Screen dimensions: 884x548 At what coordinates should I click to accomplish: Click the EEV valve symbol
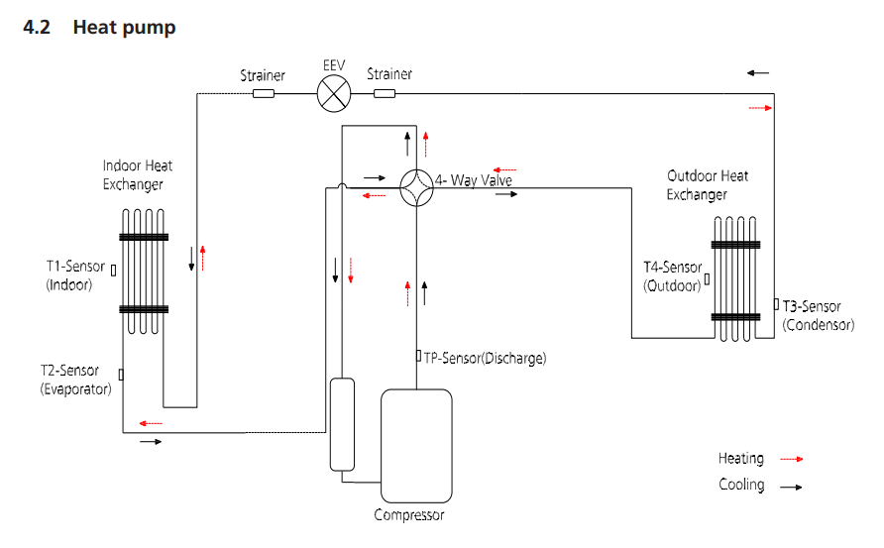coord(334,93)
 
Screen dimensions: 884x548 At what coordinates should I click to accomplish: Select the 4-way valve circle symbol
coord(416,187)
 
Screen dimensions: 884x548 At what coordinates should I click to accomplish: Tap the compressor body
coord(416,445)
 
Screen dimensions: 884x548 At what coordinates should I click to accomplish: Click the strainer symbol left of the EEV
coord(264,93)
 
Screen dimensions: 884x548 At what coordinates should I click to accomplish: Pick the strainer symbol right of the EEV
coord(385,93)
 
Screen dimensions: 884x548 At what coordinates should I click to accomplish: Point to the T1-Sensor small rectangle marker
coord(113,271)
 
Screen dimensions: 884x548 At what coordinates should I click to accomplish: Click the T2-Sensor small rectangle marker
coord(121,375)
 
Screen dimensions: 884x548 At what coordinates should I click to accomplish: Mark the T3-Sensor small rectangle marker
coord(776,304)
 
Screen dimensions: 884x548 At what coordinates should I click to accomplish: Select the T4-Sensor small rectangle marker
coord(707,278)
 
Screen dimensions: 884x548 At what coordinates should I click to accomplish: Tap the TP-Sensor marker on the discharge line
coord(419,356)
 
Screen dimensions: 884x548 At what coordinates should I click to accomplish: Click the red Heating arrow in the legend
coord(792,460)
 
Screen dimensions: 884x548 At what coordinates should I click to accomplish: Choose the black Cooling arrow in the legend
coord(791,487)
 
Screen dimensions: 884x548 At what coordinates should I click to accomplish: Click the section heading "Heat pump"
coord(124,27)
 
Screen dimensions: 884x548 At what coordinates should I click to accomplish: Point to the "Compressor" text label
coord(408,514)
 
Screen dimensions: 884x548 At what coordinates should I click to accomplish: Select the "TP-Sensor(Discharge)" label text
coord(485,358)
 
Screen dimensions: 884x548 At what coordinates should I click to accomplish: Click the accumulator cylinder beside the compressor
coord(342,424)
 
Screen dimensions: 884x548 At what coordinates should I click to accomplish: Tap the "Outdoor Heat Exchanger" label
coord(707,185)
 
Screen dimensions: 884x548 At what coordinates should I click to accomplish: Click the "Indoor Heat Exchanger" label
coord(137,174)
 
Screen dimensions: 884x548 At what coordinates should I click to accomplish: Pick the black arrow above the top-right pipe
coord(758,72)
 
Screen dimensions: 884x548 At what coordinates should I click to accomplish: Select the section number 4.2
coord(37,27)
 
